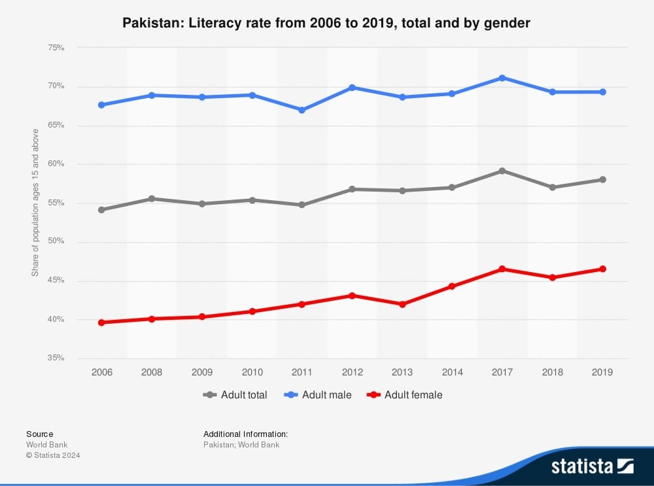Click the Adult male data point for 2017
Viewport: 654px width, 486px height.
pos(502,78)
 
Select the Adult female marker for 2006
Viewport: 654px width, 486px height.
pos(101,322)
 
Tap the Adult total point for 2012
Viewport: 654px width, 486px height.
pos(352,189)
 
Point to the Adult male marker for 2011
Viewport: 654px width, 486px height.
pos(301,110)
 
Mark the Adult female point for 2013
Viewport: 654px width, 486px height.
pos(402,304)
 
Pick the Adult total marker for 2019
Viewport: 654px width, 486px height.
pos(602,179)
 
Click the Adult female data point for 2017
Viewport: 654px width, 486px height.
pos(502,269)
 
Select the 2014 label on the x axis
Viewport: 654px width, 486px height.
pos(452,372)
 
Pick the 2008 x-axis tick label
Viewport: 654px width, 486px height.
pos(152,372)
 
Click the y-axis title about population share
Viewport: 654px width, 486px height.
pos(35,203)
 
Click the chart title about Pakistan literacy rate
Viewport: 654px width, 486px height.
pos(326,24)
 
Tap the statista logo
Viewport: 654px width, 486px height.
pos(592,466)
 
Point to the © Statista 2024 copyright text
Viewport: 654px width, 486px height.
pos(53,455)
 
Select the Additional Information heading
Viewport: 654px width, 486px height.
pos(245,434)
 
